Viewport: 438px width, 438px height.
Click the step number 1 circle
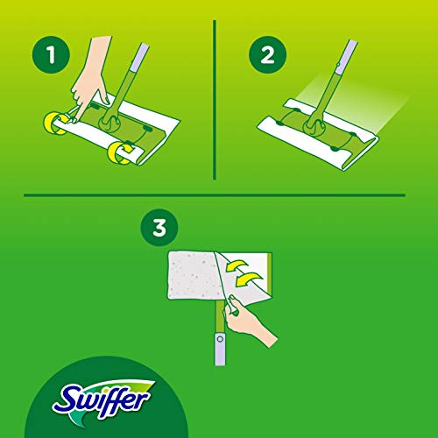click(x=51, y=54)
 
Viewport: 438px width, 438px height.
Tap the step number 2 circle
click(x=267, y=54)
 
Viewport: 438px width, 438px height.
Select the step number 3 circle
click(x=159, y=227)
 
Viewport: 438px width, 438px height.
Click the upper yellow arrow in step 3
click(x=237, y=266)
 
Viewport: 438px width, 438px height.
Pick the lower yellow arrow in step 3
click(x=248, y=279)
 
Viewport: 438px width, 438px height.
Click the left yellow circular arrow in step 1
click(x=55, y=124)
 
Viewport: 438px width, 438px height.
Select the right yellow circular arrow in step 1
click(x=120, y=152)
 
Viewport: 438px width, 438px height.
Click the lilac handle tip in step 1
click(x=139, y=57)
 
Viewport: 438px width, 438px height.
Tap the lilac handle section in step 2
click(x=347, y=57)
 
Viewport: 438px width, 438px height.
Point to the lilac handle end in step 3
click(x=220, y=350)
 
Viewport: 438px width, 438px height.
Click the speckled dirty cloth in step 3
click(x=193, y=275)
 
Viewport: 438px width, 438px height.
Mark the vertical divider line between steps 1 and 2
click(x=215, y=100)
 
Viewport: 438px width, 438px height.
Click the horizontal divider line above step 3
click(x=215, y=195)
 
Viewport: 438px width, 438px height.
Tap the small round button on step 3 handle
click(x=220, y=339)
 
